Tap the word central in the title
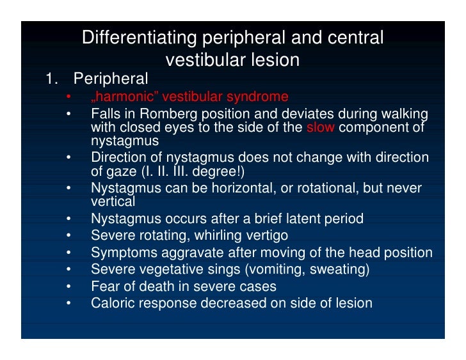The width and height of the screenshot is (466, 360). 355,38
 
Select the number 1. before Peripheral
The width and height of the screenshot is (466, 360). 52,79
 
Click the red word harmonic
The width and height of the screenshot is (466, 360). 127,97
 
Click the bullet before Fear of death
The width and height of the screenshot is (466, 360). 68,286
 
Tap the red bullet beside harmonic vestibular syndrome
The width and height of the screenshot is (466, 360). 68,97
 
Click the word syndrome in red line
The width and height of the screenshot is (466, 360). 257,97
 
